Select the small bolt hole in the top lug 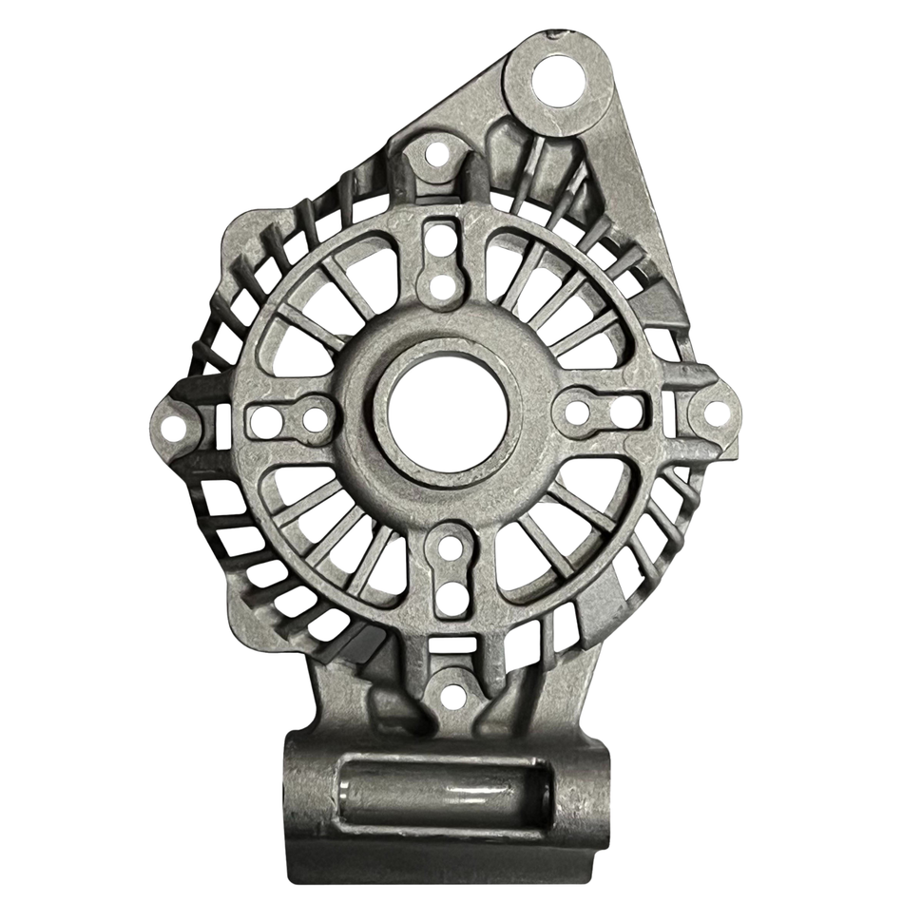point(436,154)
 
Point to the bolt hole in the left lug point(172,429)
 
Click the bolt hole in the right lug point(714,413)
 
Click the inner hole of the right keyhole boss point(577,412)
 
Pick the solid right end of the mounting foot point(582,794)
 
